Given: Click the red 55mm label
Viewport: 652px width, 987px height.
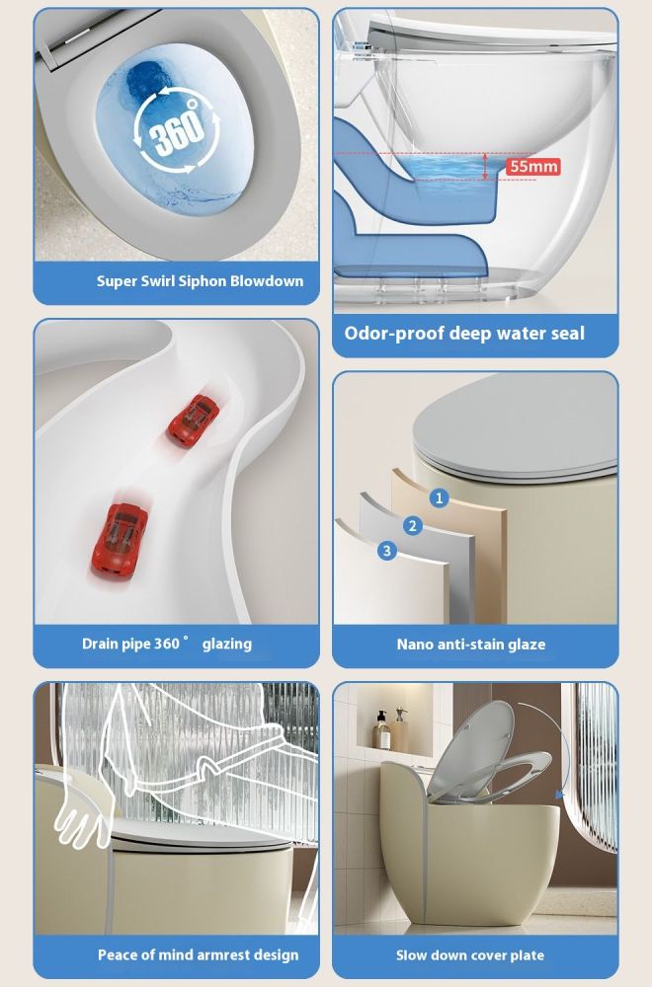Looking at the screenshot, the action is [532, 166].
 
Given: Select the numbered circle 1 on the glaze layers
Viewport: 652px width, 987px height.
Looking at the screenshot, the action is [439, 497].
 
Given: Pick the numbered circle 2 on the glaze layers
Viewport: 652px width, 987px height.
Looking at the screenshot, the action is [413, 526].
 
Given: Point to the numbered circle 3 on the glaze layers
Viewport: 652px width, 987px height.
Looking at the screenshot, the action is [387, 551].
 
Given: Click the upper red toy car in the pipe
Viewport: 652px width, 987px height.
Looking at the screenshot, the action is [194, 419].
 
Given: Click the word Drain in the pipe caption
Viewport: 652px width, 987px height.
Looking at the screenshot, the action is [99, 644].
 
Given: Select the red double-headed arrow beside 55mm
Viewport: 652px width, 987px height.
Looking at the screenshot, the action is [485, 166].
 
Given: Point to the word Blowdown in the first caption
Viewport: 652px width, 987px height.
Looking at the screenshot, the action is [267, 280].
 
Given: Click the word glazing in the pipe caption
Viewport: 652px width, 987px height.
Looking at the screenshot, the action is [227, 644].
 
